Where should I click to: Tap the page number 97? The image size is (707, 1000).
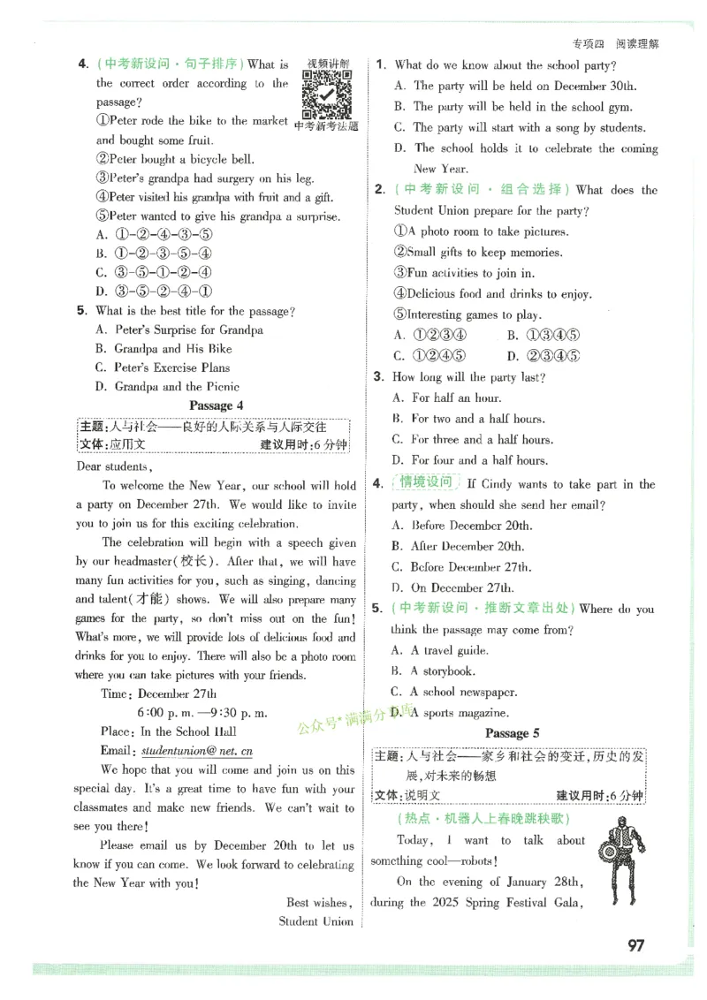point(635,945)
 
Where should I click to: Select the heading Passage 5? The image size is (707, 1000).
point(512,733)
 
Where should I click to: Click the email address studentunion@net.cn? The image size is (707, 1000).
point(197,750)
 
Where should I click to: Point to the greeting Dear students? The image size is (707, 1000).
point(114,466)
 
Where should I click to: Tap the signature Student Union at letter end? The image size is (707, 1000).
point(316,921)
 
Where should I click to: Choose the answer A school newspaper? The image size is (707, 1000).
point(463,693)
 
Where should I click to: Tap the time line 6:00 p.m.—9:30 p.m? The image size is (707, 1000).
point(202,712)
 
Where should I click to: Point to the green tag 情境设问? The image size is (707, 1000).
point(426,482)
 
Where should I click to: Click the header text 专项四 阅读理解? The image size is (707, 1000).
point(615,43)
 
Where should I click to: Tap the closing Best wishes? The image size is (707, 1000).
point(319,902)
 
